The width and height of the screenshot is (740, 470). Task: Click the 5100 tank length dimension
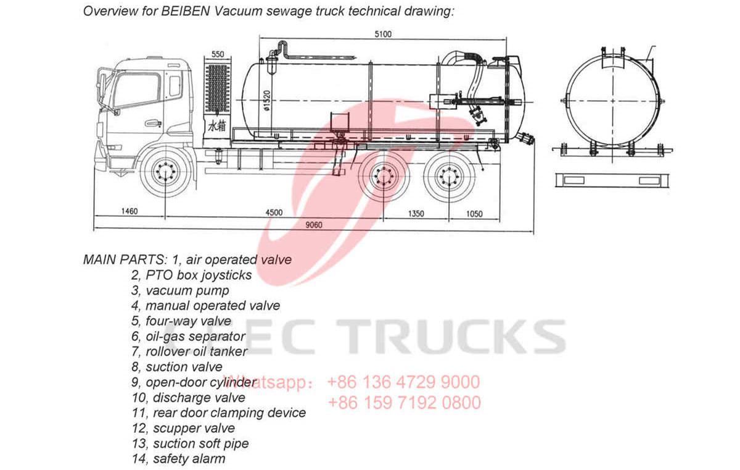tap(382, 35)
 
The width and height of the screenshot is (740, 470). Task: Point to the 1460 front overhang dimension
tap(129, 212)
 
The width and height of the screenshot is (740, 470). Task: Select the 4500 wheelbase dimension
tap(274, 212)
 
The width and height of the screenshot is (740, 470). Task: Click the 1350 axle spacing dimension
tap(417, 214)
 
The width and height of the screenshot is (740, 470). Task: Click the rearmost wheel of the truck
tap(448, 177)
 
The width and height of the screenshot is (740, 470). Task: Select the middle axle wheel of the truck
tap(384, 177)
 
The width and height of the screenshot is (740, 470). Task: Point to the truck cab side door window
tap(137, 90)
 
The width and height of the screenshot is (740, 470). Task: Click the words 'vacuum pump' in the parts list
tap(187, 290)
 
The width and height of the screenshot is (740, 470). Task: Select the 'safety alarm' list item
tap(189, 459)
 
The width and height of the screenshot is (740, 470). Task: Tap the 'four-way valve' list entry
tap(188, 321)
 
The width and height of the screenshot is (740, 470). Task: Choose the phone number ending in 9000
tap(403, 382)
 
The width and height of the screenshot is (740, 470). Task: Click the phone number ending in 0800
tap(404, 403)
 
